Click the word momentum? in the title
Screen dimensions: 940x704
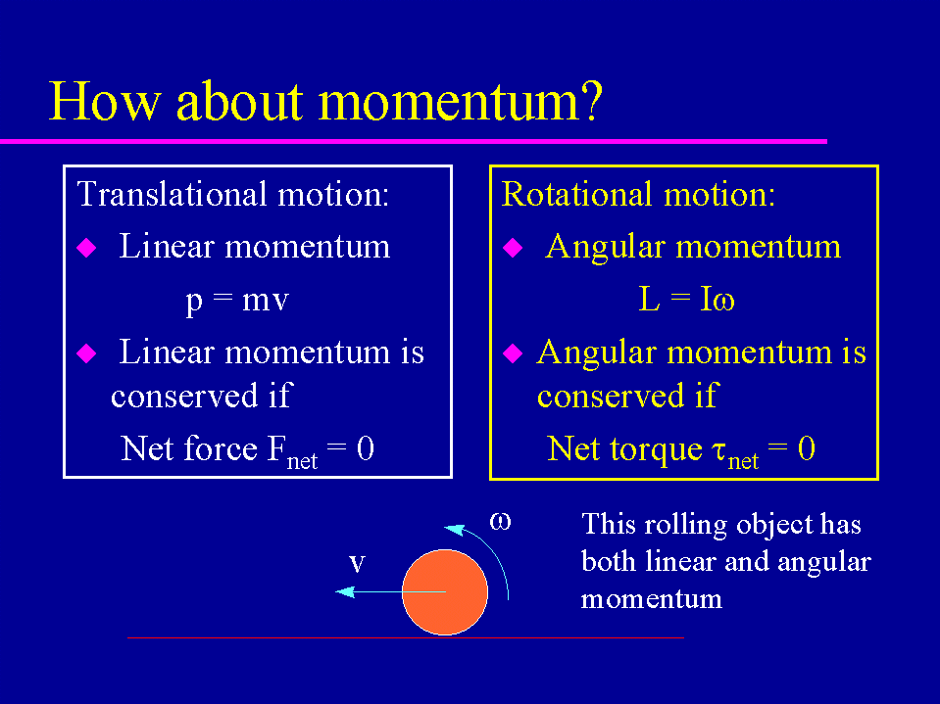point(460,101)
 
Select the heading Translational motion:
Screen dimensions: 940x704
point(233,194)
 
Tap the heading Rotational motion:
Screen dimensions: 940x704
point(638,194)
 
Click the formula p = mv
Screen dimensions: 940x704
point(237,300)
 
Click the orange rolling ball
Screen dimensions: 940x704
point(445,592)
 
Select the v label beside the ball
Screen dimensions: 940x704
point(358,563)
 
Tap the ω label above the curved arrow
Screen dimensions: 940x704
point(501,522)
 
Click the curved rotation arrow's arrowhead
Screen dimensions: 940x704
point(454,529)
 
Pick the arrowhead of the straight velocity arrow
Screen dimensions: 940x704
point(345,592)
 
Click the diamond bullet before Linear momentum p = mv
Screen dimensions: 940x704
point(87,248)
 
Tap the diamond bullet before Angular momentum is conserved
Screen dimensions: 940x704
point(513,353)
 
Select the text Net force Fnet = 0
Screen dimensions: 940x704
point(248,449)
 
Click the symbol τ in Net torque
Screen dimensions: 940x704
point(720,450)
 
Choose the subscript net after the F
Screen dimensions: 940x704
point(302,461)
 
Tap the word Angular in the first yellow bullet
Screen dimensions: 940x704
point(606,248)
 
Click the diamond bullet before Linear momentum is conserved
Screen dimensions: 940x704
point(87,353)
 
